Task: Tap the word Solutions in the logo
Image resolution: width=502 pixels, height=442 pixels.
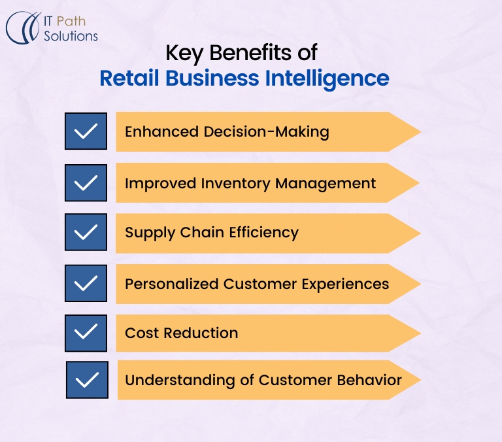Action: (x=71, y=36)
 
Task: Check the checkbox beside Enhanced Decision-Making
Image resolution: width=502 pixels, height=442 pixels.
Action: (x=86, y=131)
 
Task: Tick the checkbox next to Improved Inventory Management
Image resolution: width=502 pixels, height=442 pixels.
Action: (x=86, y=182)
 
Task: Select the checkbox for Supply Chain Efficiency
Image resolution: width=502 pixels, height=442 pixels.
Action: (x=86, y=233)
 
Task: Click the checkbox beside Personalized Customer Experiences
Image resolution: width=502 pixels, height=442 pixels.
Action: (x=86, y=284)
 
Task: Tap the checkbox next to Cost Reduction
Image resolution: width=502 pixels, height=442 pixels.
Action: (x=86, y=333)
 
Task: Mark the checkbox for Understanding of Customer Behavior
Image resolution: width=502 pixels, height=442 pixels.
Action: (x=87, y=380)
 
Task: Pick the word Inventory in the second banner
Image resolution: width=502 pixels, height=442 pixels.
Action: (x=238, y=183)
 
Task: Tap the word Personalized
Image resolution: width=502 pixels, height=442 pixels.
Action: (x=172, y=284)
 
